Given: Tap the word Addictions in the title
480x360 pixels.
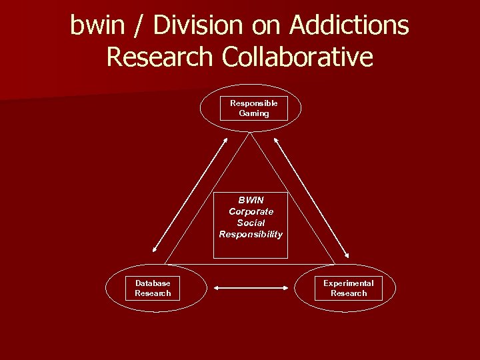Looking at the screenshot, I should click(x=349, y=25).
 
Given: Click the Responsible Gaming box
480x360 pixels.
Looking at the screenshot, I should click(x=254, y=108).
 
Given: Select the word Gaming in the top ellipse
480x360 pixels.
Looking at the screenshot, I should click(x=254, y=113).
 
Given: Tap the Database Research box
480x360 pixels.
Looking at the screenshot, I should click(x=153, y=288).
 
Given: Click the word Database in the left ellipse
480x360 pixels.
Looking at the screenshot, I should click(x=153, y=283).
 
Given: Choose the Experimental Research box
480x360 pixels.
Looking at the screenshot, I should click(x=349, y=288).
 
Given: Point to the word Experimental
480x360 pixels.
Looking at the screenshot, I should click(x=349, y=283).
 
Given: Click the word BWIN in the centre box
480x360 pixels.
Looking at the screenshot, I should click(x=251, y=200).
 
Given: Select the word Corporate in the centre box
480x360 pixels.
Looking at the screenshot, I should click(x=251, y=211).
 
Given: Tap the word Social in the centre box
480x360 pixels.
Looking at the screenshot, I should click(x=251, y=223).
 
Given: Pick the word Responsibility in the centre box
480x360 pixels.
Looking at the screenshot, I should click(x=251, y=234).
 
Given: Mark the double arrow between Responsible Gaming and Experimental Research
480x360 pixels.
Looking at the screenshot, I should click(x=311, y=197).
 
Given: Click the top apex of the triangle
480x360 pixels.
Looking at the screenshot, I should click(x=250, y=132).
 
